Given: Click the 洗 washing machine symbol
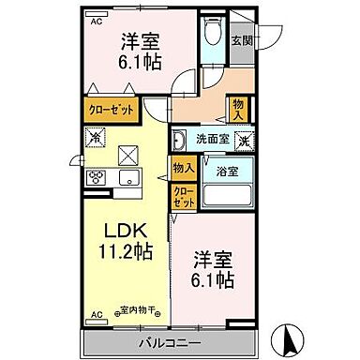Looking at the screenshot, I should pos(243,140).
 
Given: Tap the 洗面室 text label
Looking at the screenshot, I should pos(210,140).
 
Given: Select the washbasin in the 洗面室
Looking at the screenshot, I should pos(177,141).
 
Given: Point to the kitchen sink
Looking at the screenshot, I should pos(127,177).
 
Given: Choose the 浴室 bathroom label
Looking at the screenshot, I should pos(226,172).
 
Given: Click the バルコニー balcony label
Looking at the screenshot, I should pos(171,343).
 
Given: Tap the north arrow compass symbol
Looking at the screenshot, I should pos(292,335).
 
